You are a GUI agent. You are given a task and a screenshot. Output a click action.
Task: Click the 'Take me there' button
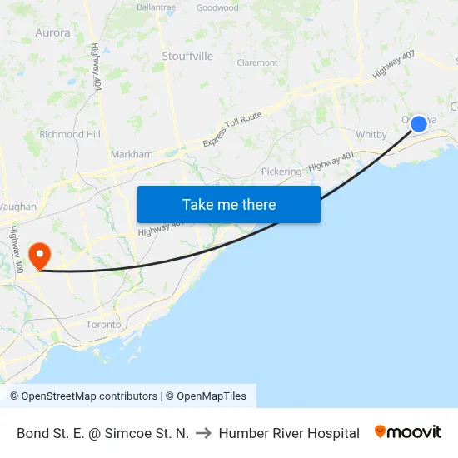(x=229, y=204)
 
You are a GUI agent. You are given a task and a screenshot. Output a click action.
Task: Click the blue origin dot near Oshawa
(x=419, y=123)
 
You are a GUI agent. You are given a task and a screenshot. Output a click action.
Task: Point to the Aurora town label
(x=52, y=33)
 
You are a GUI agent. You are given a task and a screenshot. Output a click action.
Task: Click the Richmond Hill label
(x=69, y=134)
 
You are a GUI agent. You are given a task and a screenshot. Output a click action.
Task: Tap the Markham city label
(x=132, y=154)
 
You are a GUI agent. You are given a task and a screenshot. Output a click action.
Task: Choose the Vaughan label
(x=17, y=207)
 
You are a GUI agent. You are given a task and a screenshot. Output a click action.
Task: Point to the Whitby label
(x=371, y=134)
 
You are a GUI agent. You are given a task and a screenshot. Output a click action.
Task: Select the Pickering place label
(x=281, y=172)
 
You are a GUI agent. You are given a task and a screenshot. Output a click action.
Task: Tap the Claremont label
(x=257, y=62)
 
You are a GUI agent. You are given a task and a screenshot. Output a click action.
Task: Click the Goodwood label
(x=217, y=8)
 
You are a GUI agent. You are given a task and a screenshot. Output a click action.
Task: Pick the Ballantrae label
(x=156, y=7)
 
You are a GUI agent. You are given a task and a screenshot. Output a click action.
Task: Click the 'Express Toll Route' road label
(x=232, y=130)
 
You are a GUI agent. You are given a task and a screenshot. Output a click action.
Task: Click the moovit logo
(x=408, y=432)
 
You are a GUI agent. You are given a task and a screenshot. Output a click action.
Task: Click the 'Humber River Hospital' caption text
(x=289, y=433)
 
